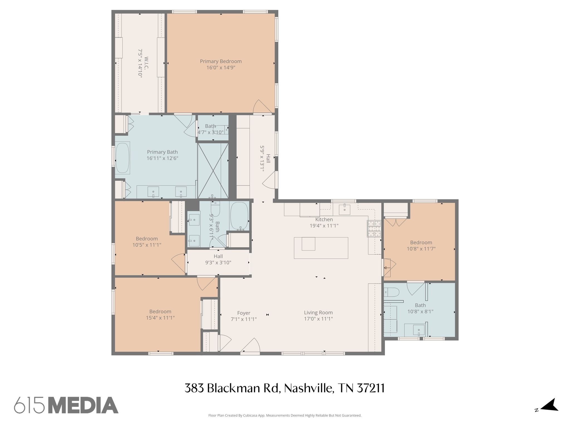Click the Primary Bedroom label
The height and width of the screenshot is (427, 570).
[221, 61]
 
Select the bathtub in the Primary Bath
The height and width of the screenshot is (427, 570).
[122, 158]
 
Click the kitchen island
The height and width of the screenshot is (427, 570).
[321, 248]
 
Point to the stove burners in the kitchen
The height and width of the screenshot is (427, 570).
[374, 229]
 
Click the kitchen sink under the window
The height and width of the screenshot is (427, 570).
[345, 209]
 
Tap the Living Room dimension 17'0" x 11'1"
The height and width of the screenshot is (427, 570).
[318, 319]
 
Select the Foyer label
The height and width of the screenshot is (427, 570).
[244, 313]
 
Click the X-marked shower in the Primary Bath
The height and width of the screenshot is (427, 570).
[213, 170]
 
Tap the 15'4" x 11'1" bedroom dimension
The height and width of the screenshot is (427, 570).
[160, 318]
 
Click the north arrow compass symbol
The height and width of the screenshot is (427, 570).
[549, 413]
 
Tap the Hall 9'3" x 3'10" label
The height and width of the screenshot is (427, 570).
[218, 259]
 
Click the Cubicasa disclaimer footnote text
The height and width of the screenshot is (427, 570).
[285, 415]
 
